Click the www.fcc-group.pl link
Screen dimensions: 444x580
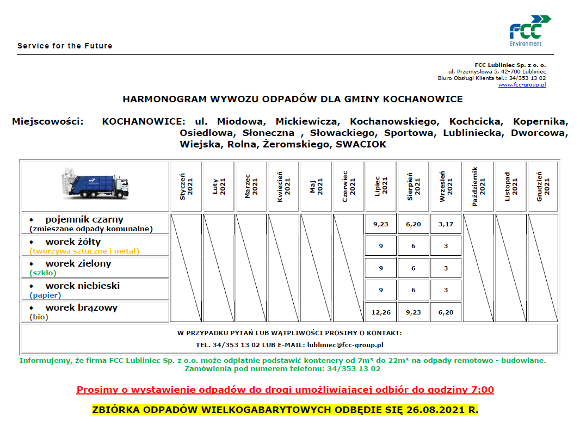click(x=522, y=85)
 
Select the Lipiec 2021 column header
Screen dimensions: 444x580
click(x=381, y=187)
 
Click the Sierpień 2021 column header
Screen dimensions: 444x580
click(x=414, y=187)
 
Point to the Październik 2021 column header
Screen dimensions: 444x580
click(x=478, y=187)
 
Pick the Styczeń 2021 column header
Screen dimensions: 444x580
click(x=186, y=187)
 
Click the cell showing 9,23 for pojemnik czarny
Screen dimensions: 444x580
click(x=381, y=224)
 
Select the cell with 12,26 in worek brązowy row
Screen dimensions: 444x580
click(x=381, y=312)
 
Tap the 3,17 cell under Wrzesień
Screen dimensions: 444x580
click(x=446, y=224)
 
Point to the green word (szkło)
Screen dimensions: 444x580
click(x=43, y=273)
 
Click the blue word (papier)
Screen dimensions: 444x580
click(x=45, y=295)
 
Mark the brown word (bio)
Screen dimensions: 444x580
click(x=39, y=317)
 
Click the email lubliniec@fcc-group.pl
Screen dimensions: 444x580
click(x=345, y=345)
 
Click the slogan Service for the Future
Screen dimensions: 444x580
click(x=65, y=46)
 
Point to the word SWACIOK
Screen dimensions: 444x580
click(x=361, y=144)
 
